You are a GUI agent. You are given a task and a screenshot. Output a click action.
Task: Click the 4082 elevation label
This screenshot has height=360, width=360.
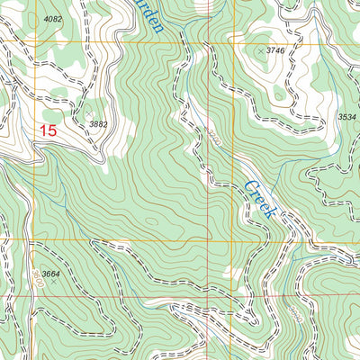pos(53,19)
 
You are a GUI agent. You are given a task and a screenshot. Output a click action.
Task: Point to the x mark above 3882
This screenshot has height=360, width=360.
pos(106,113)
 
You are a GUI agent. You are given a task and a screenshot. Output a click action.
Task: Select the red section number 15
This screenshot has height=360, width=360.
pos(48,130)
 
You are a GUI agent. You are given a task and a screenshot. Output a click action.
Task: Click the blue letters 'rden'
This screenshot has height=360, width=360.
pos(151,15)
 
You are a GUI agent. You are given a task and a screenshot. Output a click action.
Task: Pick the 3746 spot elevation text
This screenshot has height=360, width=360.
pos(275,52)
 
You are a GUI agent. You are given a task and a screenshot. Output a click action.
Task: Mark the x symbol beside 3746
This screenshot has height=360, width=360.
pos(261,52)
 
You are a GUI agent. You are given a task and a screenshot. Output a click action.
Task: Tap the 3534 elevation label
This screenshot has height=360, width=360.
pos(346,117)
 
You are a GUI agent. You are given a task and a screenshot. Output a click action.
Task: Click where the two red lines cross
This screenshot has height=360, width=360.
pos(209,296)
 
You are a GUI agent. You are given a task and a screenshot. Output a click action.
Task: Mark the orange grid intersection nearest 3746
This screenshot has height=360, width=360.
pos(209,41)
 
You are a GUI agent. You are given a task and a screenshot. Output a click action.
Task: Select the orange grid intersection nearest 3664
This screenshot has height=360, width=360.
pos(35,240)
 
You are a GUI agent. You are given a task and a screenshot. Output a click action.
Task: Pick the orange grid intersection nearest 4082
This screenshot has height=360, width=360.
pos(35,41)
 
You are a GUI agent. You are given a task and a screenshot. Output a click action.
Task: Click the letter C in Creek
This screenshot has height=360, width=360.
pos(249,186)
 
